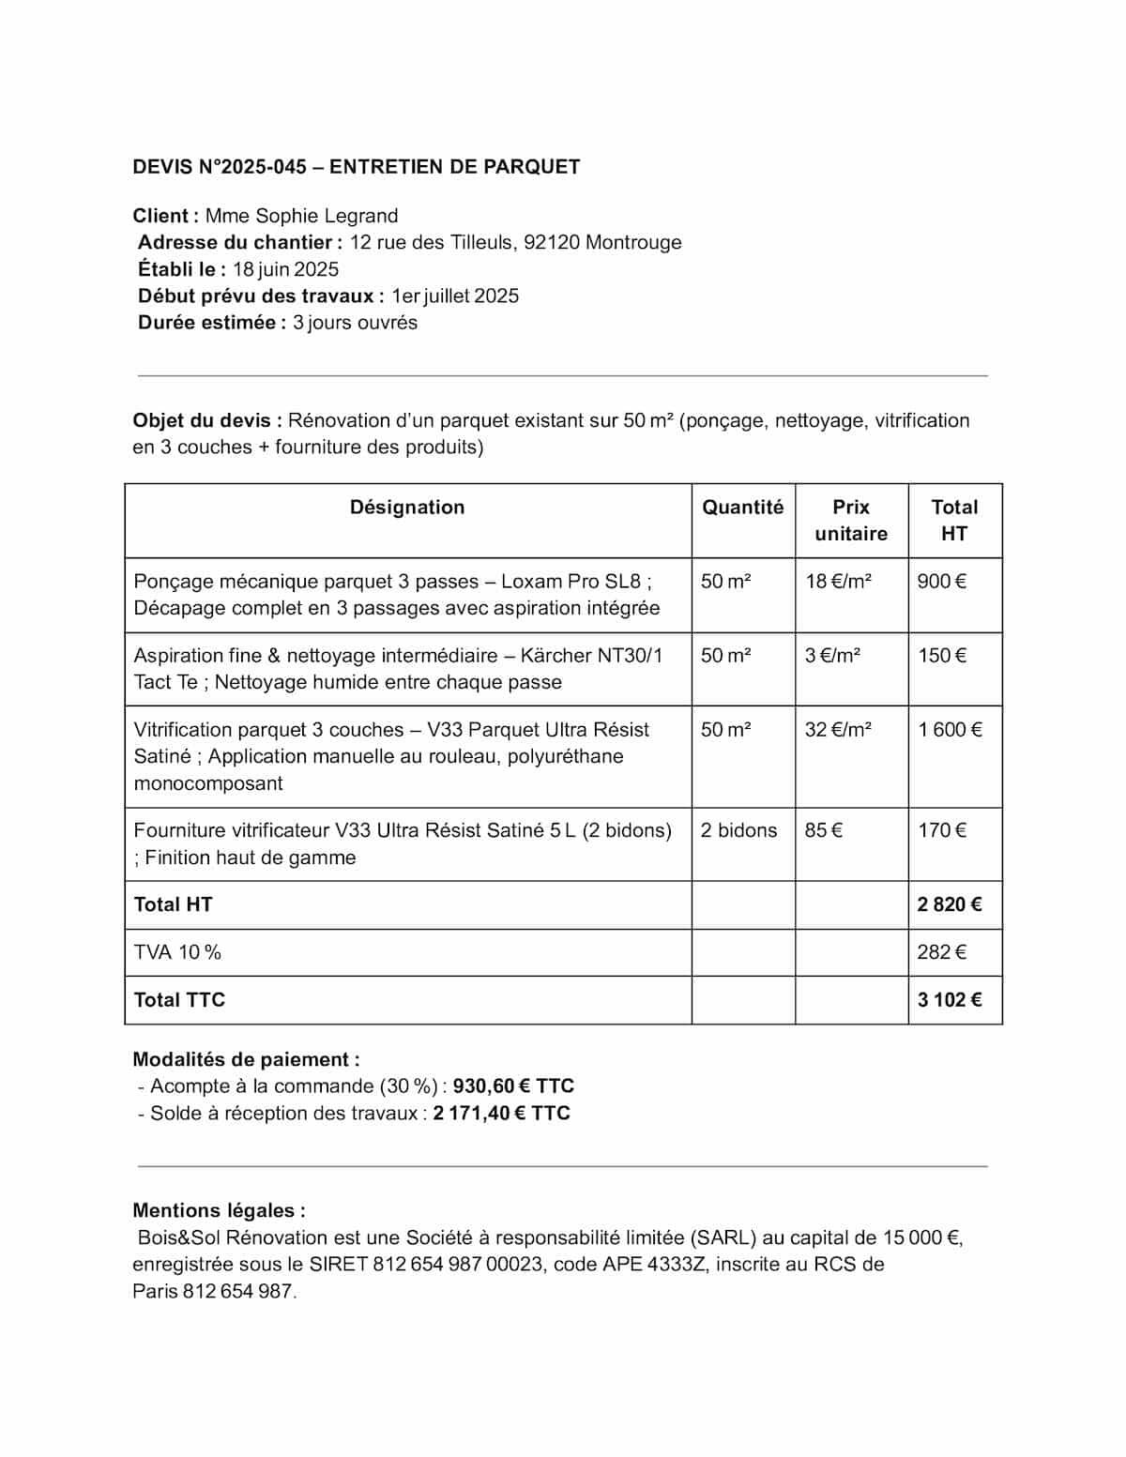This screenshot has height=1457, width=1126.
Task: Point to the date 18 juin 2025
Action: [285, 269]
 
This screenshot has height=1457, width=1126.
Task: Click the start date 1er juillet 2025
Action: [455, 296]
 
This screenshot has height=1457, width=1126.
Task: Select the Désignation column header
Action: [407, 508]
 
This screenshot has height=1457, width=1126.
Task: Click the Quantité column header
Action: [742, 508]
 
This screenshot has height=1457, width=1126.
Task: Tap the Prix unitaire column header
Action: [851, 521]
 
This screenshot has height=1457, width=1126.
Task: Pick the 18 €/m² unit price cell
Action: [838, 582]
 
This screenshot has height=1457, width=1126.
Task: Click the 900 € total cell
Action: [941, 582]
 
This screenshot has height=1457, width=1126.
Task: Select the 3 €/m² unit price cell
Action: [832, 656]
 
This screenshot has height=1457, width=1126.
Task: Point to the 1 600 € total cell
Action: [950, 730]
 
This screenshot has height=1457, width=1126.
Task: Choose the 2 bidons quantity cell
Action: [738, 830]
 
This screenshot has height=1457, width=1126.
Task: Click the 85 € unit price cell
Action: [823, 830]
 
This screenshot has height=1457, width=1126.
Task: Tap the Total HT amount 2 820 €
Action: [950, 904]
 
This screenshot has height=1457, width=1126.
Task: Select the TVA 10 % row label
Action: [177, 952]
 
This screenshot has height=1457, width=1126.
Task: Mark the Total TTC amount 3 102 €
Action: [950, 1000]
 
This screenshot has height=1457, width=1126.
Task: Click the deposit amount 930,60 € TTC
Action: [513, 1086]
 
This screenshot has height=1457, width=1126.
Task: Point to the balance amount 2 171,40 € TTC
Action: [501, 1114]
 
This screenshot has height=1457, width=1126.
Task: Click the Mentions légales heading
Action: [219, 1210]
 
